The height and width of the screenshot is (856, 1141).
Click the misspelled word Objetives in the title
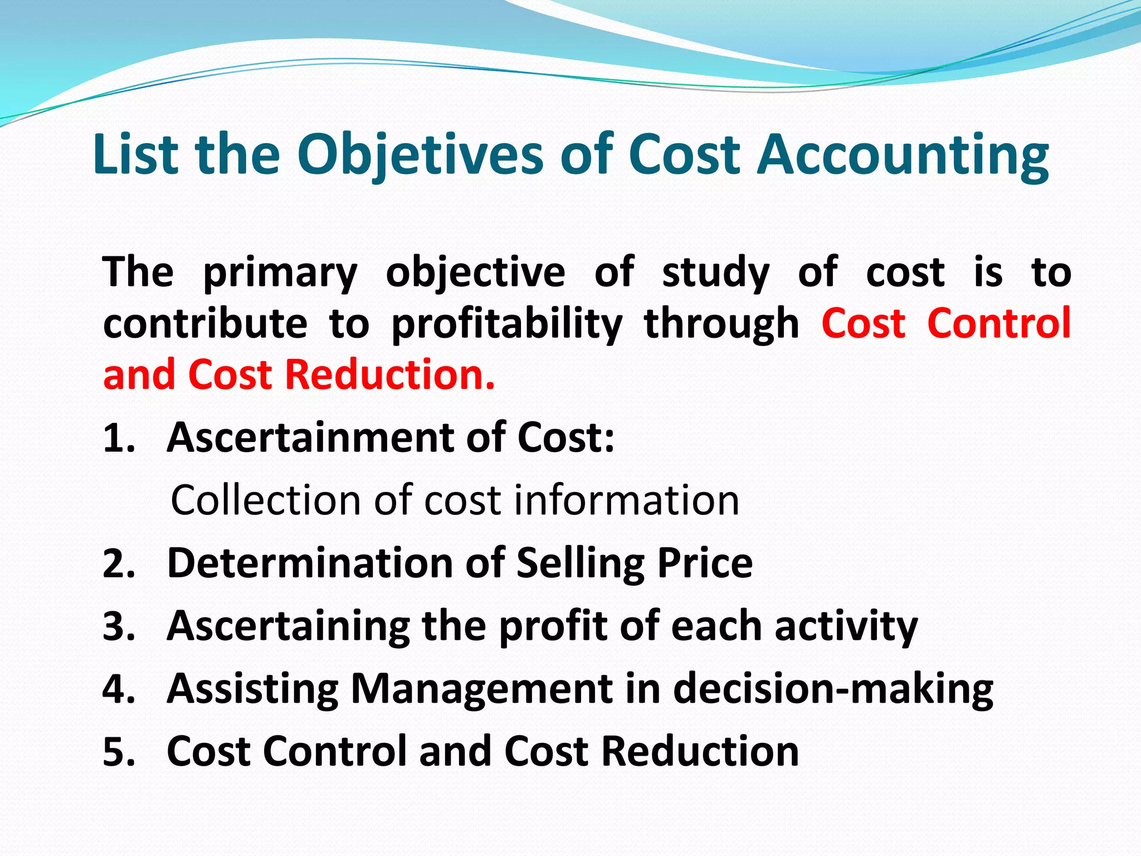click(420, 154)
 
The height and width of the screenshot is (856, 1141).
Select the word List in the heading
click(135, 154)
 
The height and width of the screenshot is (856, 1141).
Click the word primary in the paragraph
click(280, 273)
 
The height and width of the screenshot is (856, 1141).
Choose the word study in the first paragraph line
click(715, 273)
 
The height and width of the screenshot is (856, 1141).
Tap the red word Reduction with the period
click(389, 374)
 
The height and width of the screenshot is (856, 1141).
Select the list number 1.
click(119, 438)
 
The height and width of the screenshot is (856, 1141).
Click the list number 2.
click(119, 563)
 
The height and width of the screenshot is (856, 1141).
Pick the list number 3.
click(119, 626)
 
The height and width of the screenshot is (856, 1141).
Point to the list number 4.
click(119, 689)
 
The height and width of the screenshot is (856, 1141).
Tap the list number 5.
click(119, 752)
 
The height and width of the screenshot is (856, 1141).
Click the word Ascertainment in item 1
click(311, 437)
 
